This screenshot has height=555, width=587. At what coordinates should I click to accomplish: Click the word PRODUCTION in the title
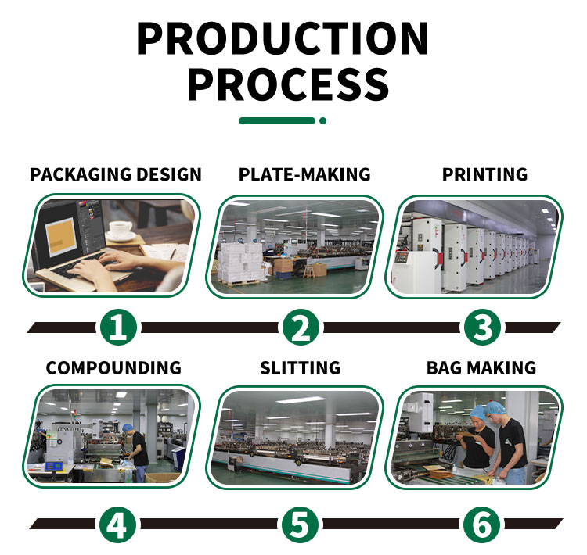(283, 38)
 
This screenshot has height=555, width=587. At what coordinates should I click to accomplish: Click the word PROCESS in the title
(288, 84)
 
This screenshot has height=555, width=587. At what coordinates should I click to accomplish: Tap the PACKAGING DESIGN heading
(116, 174)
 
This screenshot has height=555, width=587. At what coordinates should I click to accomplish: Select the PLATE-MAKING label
(304, 174)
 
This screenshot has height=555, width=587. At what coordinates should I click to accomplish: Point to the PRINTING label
(484, 174)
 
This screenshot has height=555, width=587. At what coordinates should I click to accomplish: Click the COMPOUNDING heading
(113, 368)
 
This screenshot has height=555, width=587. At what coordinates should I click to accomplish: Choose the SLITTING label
(301, 368)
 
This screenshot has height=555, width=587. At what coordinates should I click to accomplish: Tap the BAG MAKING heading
(481, 368)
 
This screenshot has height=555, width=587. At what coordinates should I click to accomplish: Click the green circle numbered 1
(118, 328)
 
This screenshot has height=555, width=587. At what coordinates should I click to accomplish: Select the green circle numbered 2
(301, 328)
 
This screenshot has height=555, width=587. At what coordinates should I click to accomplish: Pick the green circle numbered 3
(482, 328)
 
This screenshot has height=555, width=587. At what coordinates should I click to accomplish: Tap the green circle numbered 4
(118, 525)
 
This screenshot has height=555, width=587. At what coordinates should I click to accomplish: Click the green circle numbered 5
(300, 525)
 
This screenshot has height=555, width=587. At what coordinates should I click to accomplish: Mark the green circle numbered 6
(482, 525)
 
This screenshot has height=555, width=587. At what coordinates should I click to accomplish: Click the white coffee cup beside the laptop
(121, 229)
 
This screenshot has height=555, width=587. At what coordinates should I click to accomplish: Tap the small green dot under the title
(322, 121)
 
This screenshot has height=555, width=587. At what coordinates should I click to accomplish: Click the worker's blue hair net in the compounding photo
(128, 428)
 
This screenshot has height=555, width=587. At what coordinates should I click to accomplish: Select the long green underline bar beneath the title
(277, 121)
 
